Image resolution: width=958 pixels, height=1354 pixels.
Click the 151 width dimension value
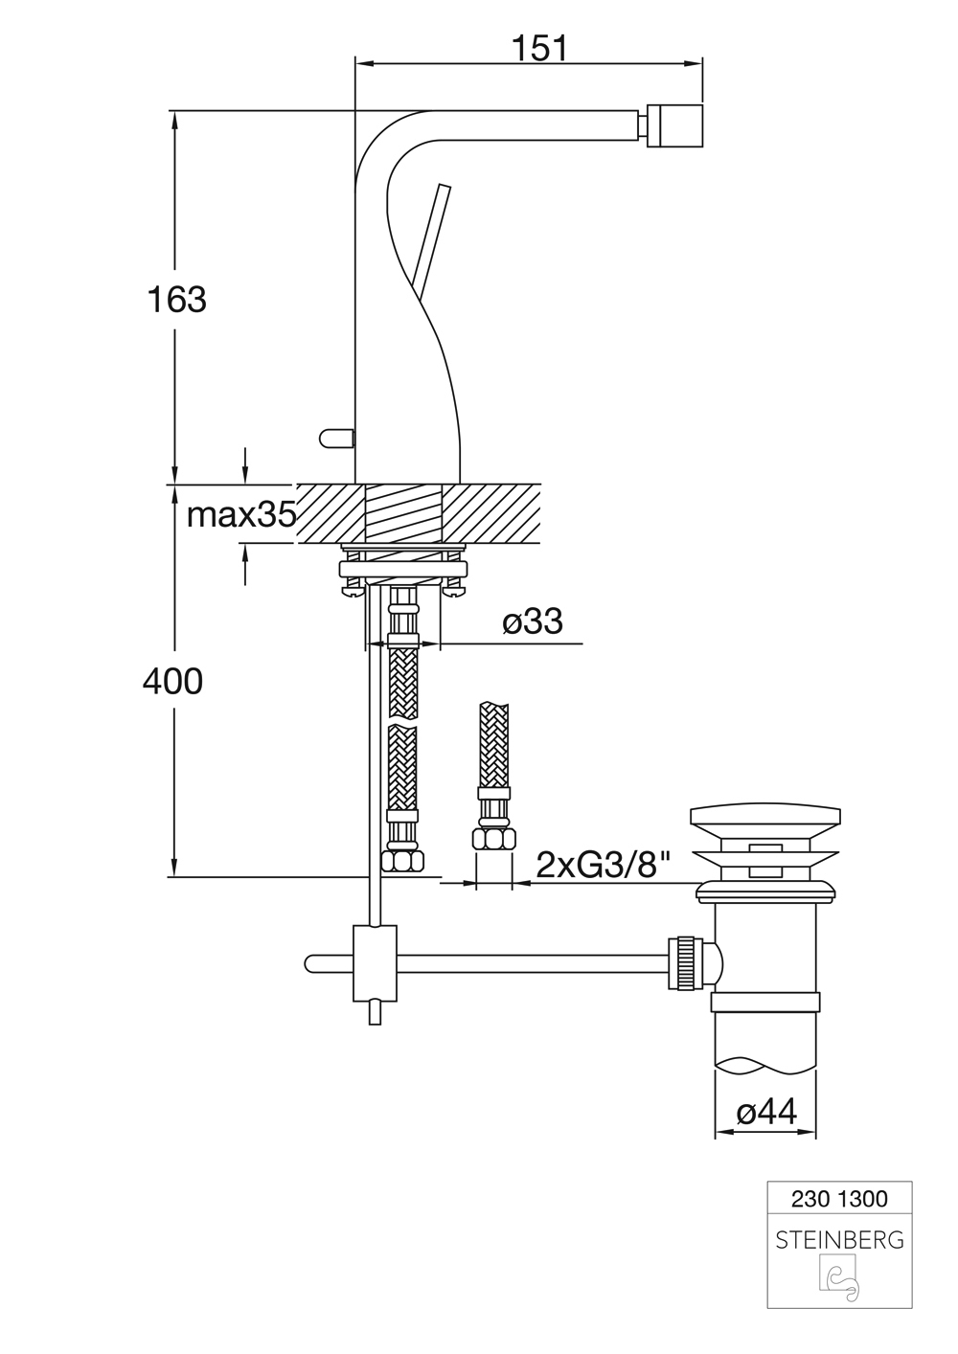pyautogui.click(x=539, y=48)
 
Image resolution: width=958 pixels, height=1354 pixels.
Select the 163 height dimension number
pyautogui.click(x=176, y=299)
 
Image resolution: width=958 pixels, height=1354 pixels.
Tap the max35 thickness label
pyautogui.click(x=241, y=515)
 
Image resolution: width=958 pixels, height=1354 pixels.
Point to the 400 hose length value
pyautogui.click(x=173, y=681)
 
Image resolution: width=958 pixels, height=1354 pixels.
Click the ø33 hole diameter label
pyautogui.click(x=533, y=621)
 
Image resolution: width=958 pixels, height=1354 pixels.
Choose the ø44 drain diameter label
pyautogui.click(x=767, y=1111)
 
